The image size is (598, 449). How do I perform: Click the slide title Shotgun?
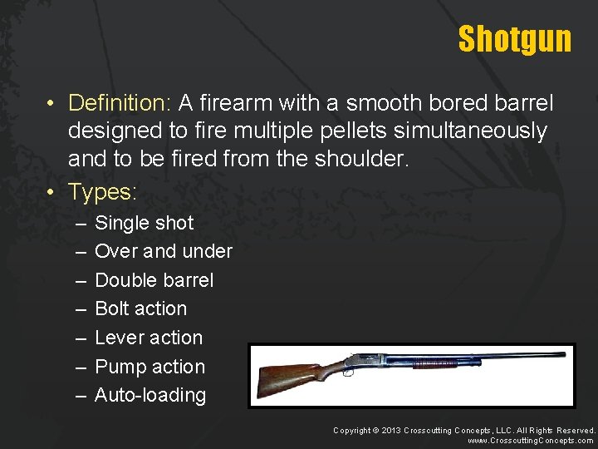click(x=514, y=38)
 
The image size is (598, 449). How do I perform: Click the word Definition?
click(x=118, y=103)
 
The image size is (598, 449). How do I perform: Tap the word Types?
click(x=100, y=192)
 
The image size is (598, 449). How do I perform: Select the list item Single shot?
click(x=144, y=223)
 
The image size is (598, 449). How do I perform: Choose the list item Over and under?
click(x=164, y=251)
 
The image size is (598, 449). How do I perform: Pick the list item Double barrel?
click(x=154, y=280)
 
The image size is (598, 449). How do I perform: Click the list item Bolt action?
click(x=140, y=308)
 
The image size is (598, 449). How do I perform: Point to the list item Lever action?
click(x=149, y=338)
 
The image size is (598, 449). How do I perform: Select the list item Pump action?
click(x=149, y=367)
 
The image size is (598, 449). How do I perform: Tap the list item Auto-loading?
click(x=150, y=395)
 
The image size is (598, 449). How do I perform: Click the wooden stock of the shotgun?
click(x=287, y=378)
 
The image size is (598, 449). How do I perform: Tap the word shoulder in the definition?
click(x=363, y=159)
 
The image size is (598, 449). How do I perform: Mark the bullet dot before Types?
click(x=51, y=192)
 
